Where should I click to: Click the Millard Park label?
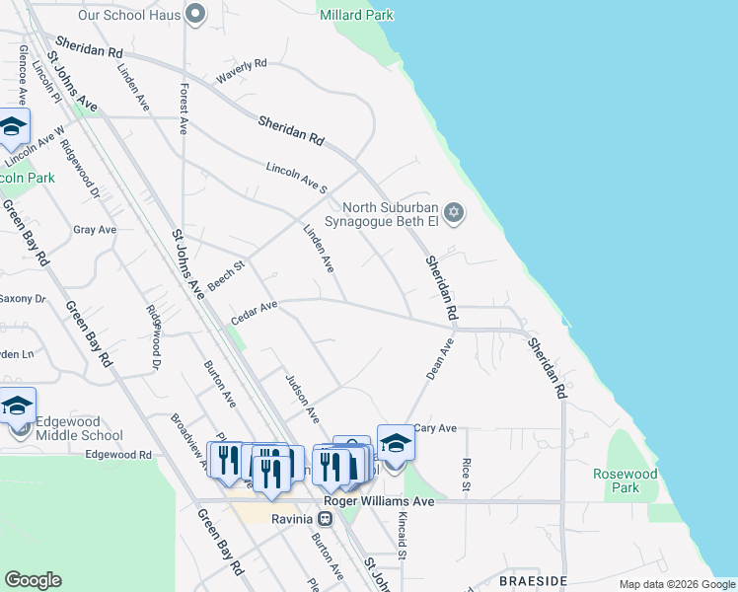[356, 15]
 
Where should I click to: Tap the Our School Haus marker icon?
[194, 14]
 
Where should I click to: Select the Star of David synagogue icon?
[454, 211]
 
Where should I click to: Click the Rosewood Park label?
[626, 481]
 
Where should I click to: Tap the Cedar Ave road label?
[254, 311]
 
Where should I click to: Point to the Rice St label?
[467, 476]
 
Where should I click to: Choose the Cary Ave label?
[434, 428]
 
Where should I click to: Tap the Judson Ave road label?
[301, 395]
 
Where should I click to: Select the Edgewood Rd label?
[118, 455]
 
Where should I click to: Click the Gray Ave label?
[95, 230]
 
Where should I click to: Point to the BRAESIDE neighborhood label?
[533, 581]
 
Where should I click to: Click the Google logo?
[33, 580]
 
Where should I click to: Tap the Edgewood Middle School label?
[79, 427]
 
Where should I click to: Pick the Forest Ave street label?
[184, 109]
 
